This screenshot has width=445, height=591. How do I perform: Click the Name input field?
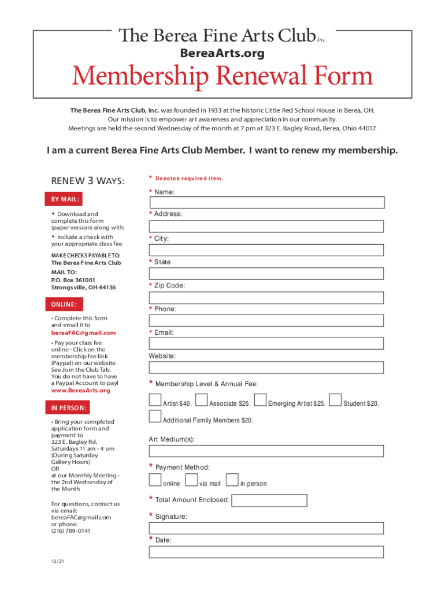pos(267,203)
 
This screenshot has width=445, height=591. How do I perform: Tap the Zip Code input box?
pos(267,298)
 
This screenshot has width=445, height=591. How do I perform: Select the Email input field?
pos(267,344)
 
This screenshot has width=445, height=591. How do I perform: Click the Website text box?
pos(267,368)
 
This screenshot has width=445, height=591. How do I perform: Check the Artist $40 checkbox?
pos(155,400)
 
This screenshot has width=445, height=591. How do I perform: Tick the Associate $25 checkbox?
pos(202,400)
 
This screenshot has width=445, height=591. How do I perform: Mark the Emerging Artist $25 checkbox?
pos(261,400)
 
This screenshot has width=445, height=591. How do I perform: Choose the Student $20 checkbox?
pos(336,400)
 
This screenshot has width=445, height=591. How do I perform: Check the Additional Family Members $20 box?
pos(155,417)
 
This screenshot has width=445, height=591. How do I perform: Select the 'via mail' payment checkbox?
pos(192,480)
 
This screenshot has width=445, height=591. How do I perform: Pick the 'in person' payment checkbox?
pos(232,480)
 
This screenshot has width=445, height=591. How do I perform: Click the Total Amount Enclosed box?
pos(269,500)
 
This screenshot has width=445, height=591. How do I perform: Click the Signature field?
pos(267,529)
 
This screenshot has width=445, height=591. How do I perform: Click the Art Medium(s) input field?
pos(267,451)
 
